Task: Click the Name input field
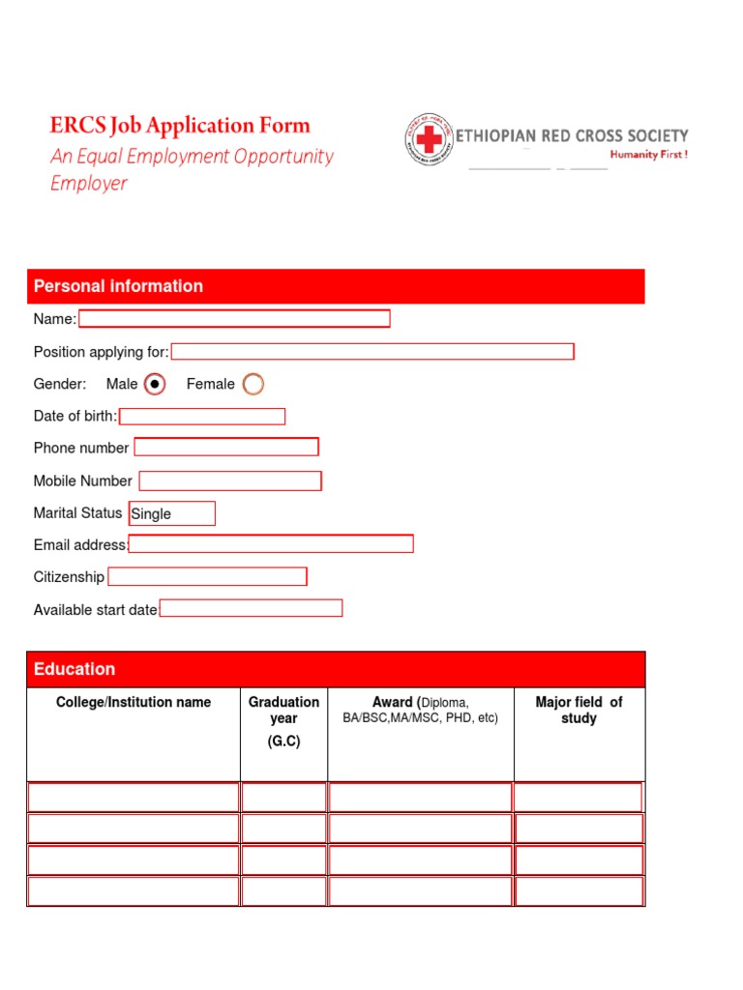234,319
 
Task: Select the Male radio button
155,385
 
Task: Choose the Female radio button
253,385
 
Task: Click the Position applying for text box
372,351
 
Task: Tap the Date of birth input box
202,417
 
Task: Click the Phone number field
226,447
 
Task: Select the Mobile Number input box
230,480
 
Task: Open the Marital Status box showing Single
172,513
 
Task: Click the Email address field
271,543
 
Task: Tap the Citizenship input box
207,577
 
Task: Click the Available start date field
251,608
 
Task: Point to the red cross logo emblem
429,141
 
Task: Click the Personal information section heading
118,286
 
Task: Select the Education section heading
74,669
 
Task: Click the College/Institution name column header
134,702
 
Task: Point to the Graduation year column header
283,711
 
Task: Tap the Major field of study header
579,711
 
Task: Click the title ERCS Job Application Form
180,125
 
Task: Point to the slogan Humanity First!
648,155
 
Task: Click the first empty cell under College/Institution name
134,798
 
